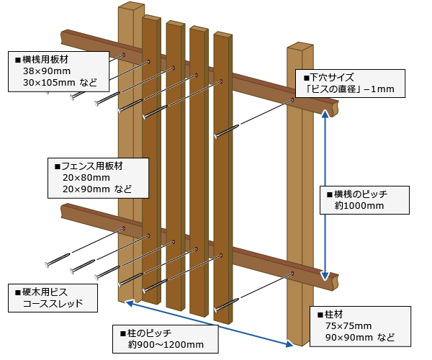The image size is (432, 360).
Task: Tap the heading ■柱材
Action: pos(332,314)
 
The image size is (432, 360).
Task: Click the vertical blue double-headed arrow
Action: pos(327,195)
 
